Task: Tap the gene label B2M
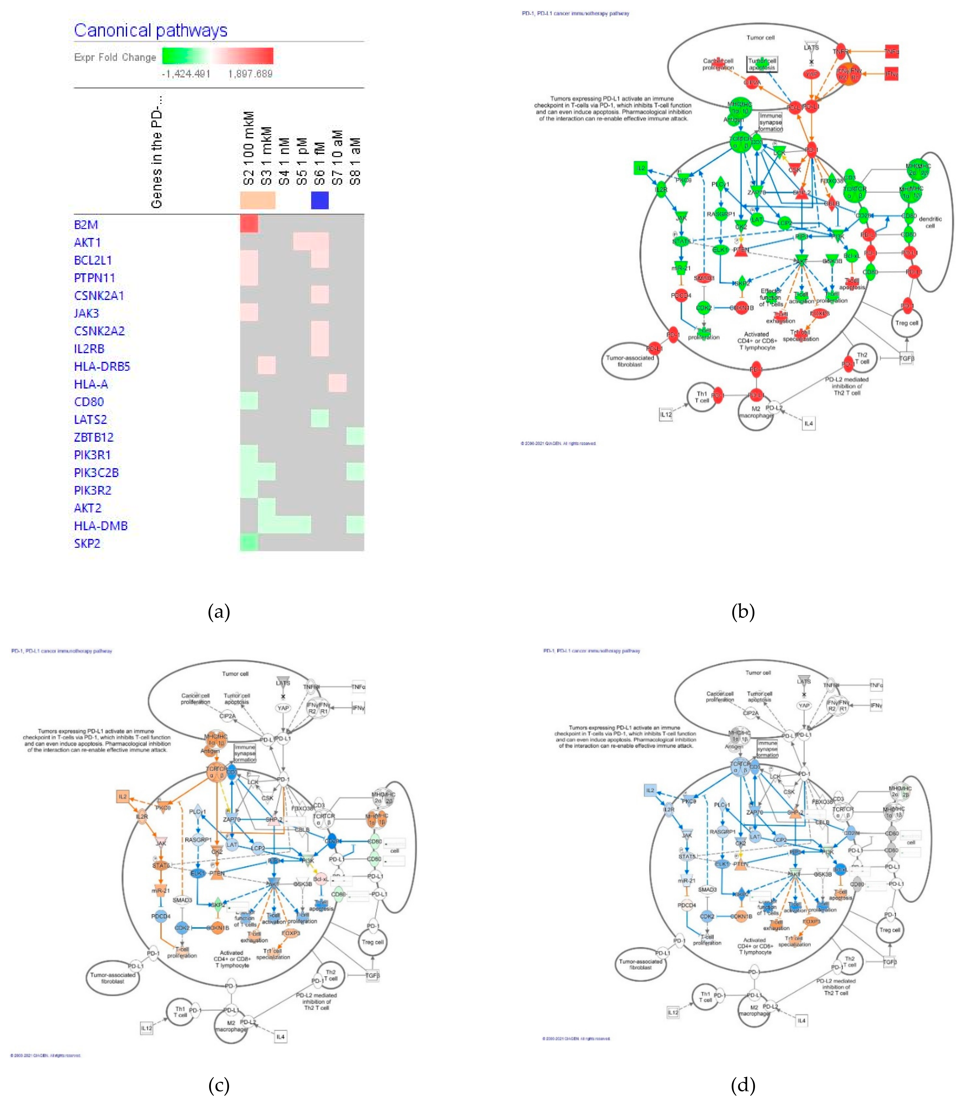[86, 224]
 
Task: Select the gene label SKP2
[87, 543]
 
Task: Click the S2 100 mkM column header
[248, 148]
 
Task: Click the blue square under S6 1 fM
[320, 200]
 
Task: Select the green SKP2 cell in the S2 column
[249, 542]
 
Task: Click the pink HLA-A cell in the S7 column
[338, 383]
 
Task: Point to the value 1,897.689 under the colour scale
[251, 74]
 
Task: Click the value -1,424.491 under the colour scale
[186, 74]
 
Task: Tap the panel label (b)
[743, 611]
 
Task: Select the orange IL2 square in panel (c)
[123, 796]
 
